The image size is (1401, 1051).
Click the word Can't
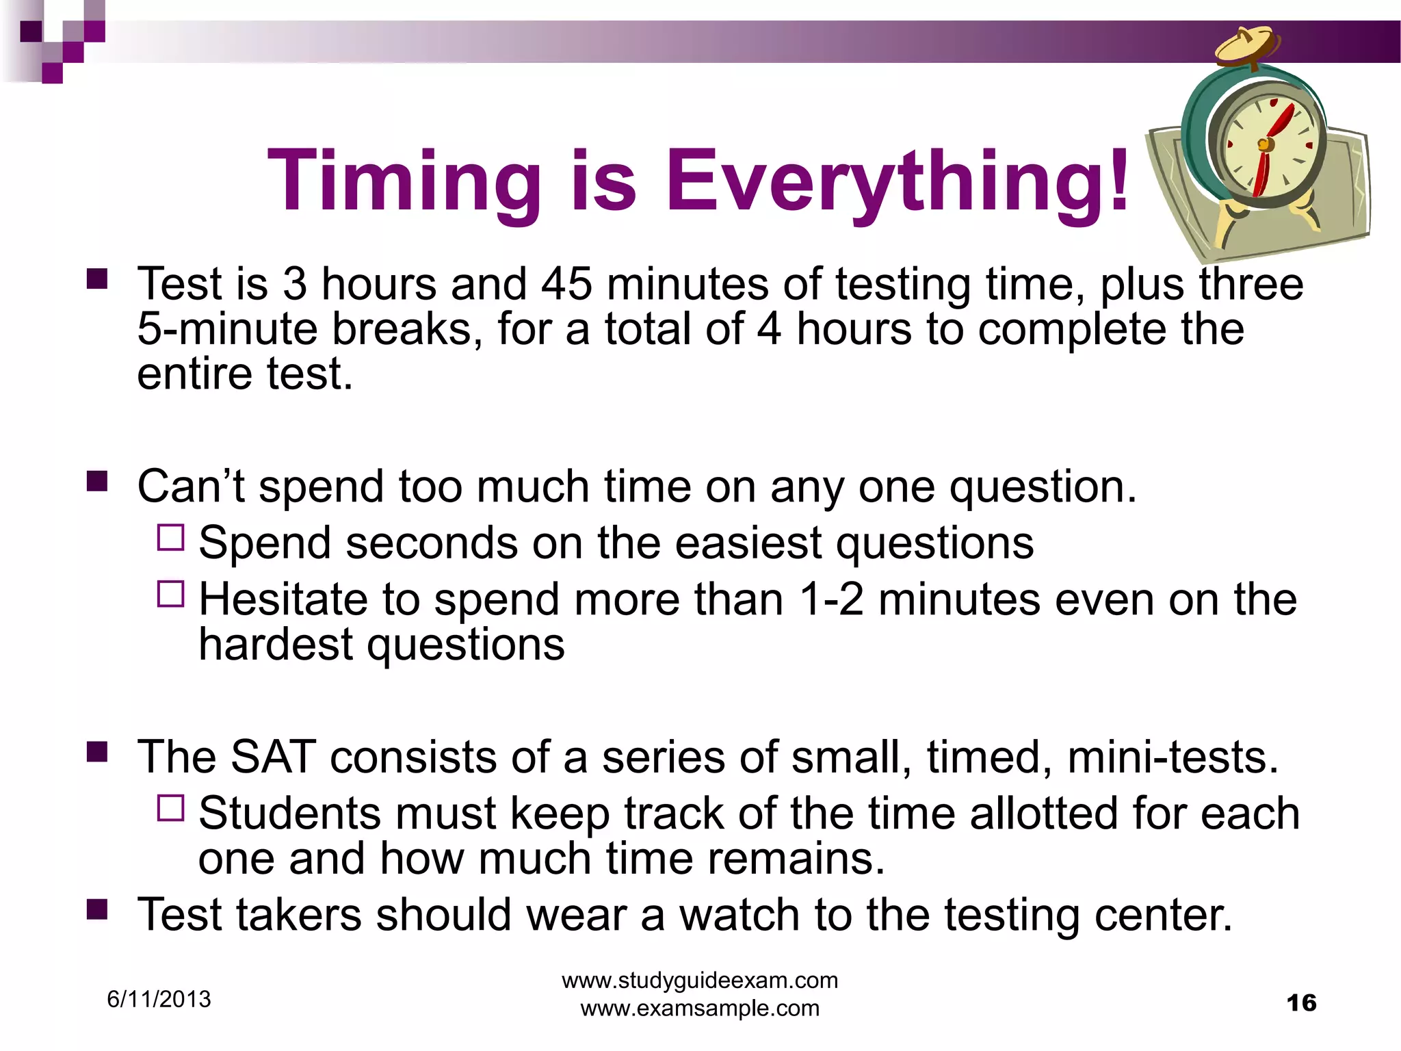tap(191, 487)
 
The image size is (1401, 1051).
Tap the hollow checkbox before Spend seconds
tap(170, 538)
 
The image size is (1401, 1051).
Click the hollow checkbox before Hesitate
tap(170, 594)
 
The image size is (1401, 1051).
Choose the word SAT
tap(273, 757)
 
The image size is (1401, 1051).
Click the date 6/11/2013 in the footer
tap(159, 999)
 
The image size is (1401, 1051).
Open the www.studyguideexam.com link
tap(700, 980)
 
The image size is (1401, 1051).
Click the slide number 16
tap(1301, 1003)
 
